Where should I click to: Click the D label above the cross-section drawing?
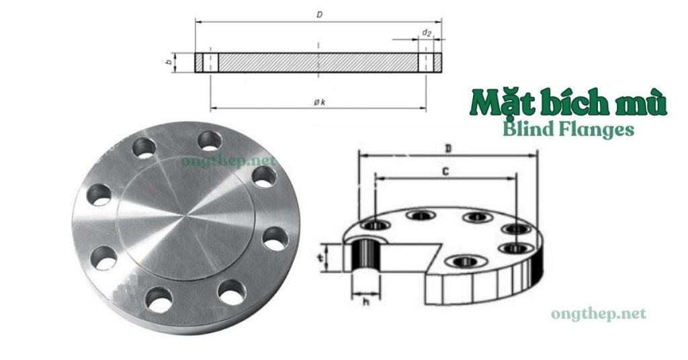(x=320, y=14)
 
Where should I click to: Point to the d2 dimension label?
(x=426, y=32)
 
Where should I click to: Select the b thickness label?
(x=170, y=63)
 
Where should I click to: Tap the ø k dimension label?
(x=320, y=101)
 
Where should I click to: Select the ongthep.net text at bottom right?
(x=598, y=314)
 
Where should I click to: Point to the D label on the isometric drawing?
(x=447, y=146)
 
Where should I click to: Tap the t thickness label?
(x=322, y=257)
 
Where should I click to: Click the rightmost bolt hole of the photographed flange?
(x=274, y=239)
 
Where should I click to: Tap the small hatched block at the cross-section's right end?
(x=435, y=63)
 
